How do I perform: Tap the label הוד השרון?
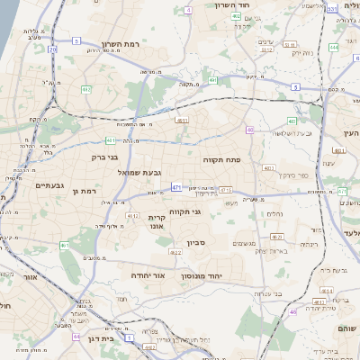click(x=230, y=5)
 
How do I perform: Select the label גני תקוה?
click(x=210, y=212)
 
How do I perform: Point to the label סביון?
click(x=197, y=243)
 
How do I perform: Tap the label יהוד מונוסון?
click(x=214, y=275)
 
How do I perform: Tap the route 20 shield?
click(x=53, y=49)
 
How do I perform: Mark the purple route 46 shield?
click(x=293, y=311)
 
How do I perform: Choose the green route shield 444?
click(x=334, y=47)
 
